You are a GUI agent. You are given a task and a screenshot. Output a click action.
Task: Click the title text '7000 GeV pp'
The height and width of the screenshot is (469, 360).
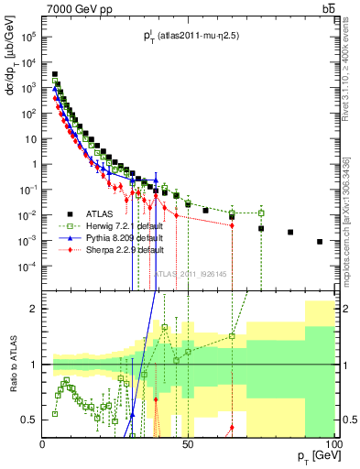72,9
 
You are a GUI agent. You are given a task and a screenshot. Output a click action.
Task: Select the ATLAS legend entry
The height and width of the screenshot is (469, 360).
104,213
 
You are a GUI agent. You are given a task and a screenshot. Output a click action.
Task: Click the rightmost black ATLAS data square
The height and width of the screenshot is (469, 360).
319,242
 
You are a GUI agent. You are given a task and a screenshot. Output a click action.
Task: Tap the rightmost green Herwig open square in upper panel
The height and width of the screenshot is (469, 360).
261,213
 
